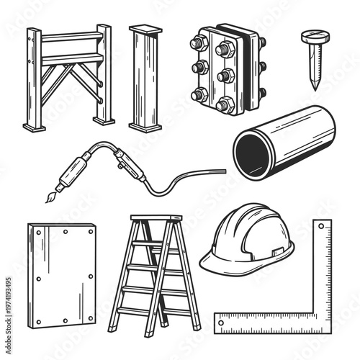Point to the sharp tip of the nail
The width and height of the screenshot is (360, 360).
pyautogui.click(x=315, y=89)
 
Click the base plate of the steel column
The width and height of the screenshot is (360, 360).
pyautogui.click(x=145, y=126)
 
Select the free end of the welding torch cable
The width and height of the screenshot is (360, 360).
pyautogui.click(x=223, y=171)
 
